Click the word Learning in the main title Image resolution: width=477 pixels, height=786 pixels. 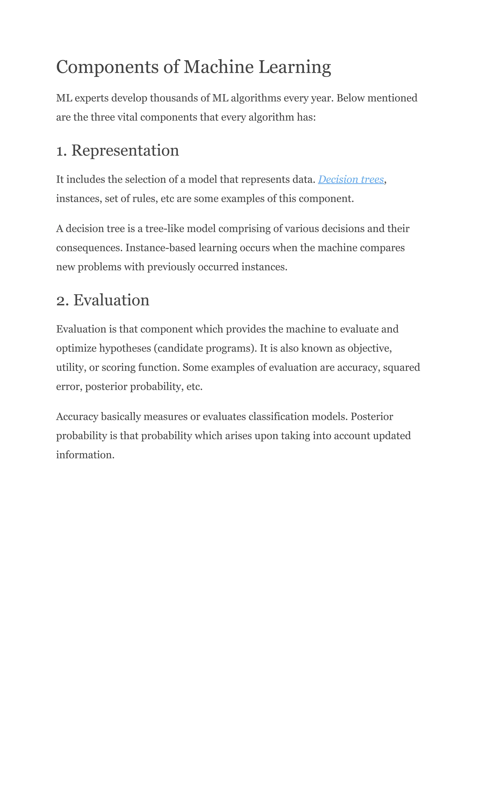pyautogui.click(x=295, y=68)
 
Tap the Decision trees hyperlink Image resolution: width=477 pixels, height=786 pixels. pyautogui.click(x=351, y=180)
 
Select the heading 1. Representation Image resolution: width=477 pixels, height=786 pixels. pyautogui.click(x=117, y=151)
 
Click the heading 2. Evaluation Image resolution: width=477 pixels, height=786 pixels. pyautogui.click(x=103, y=300)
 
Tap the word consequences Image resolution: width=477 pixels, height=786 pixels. pyautogui.click(x=89, y=248)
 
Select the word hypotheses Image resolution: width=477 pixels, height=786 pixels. pyautogui.click(x=125, y=348)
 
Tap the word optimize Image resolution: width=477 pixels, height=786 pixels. pyautogui.click(x=76, y=348)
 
